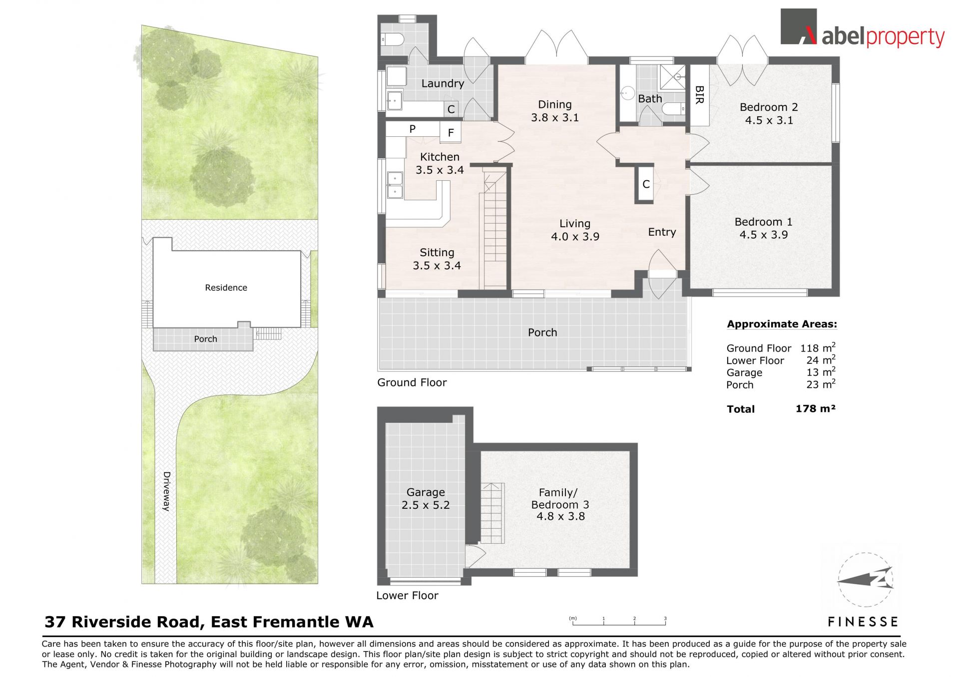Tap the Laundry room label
(443, 83)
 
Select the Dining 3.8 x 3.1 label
(555, 111)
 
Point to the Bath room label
(650, 99)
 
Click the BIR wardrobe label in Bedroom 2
(699, 95)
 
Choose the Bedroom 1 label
(763, 228)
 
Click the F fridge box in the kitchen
(451, 133)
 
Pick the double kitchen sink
(395, 185)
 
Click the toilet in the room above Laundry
(392, 39)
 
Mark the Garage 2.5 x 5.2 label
(426, 499)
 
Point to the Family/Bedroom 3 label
(560, 504)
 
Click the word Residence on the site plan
(226, 288)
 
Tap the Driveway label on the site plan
(166, 491)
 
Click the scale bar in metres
(618, 622)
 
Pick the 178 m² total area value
(815, 409)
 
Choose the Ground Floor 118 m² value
(818, 347)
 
